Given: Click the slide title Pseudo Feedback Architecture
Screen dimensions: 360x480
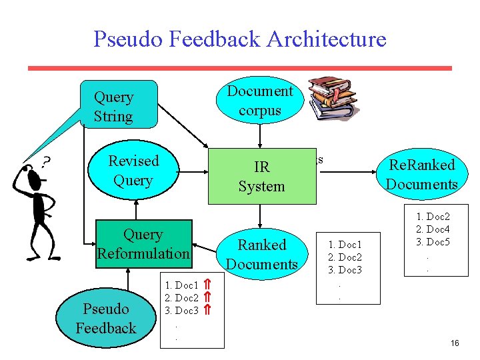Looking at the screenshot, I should point(239,39).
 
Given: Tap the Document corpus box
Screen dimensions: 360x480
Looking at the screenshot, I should point(260,101).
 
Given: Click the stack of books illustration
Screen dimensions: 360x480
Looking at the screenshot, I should point(333,98).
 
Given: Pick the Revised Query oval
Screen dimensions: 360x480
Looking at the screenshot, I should point(133,171).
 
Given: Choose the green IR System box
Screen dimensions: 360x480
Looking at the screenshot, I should point(261,177).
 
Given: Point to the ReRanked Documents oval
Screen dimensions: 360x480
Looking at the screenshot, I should point(421,175).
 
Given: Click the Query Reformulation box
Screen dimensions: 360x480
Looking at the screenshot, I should point(143,244).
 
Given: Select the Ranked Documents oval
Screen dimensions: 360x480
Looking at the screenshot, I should point(262,254).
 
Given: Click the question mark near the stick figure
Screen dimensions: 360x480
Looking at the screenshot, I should point(47,161).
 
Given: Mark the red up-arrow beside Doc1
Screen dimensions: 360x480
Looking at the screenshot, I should point(207,285).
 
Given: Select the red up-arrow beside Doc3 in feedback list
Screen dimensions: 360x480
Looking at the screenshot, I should point(207,310).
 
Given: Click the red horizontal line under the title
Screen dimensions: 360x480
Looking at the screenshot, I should point(239,68).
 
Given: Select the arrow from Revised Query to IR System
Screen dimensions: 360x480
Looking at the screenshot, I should point(193,171).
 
